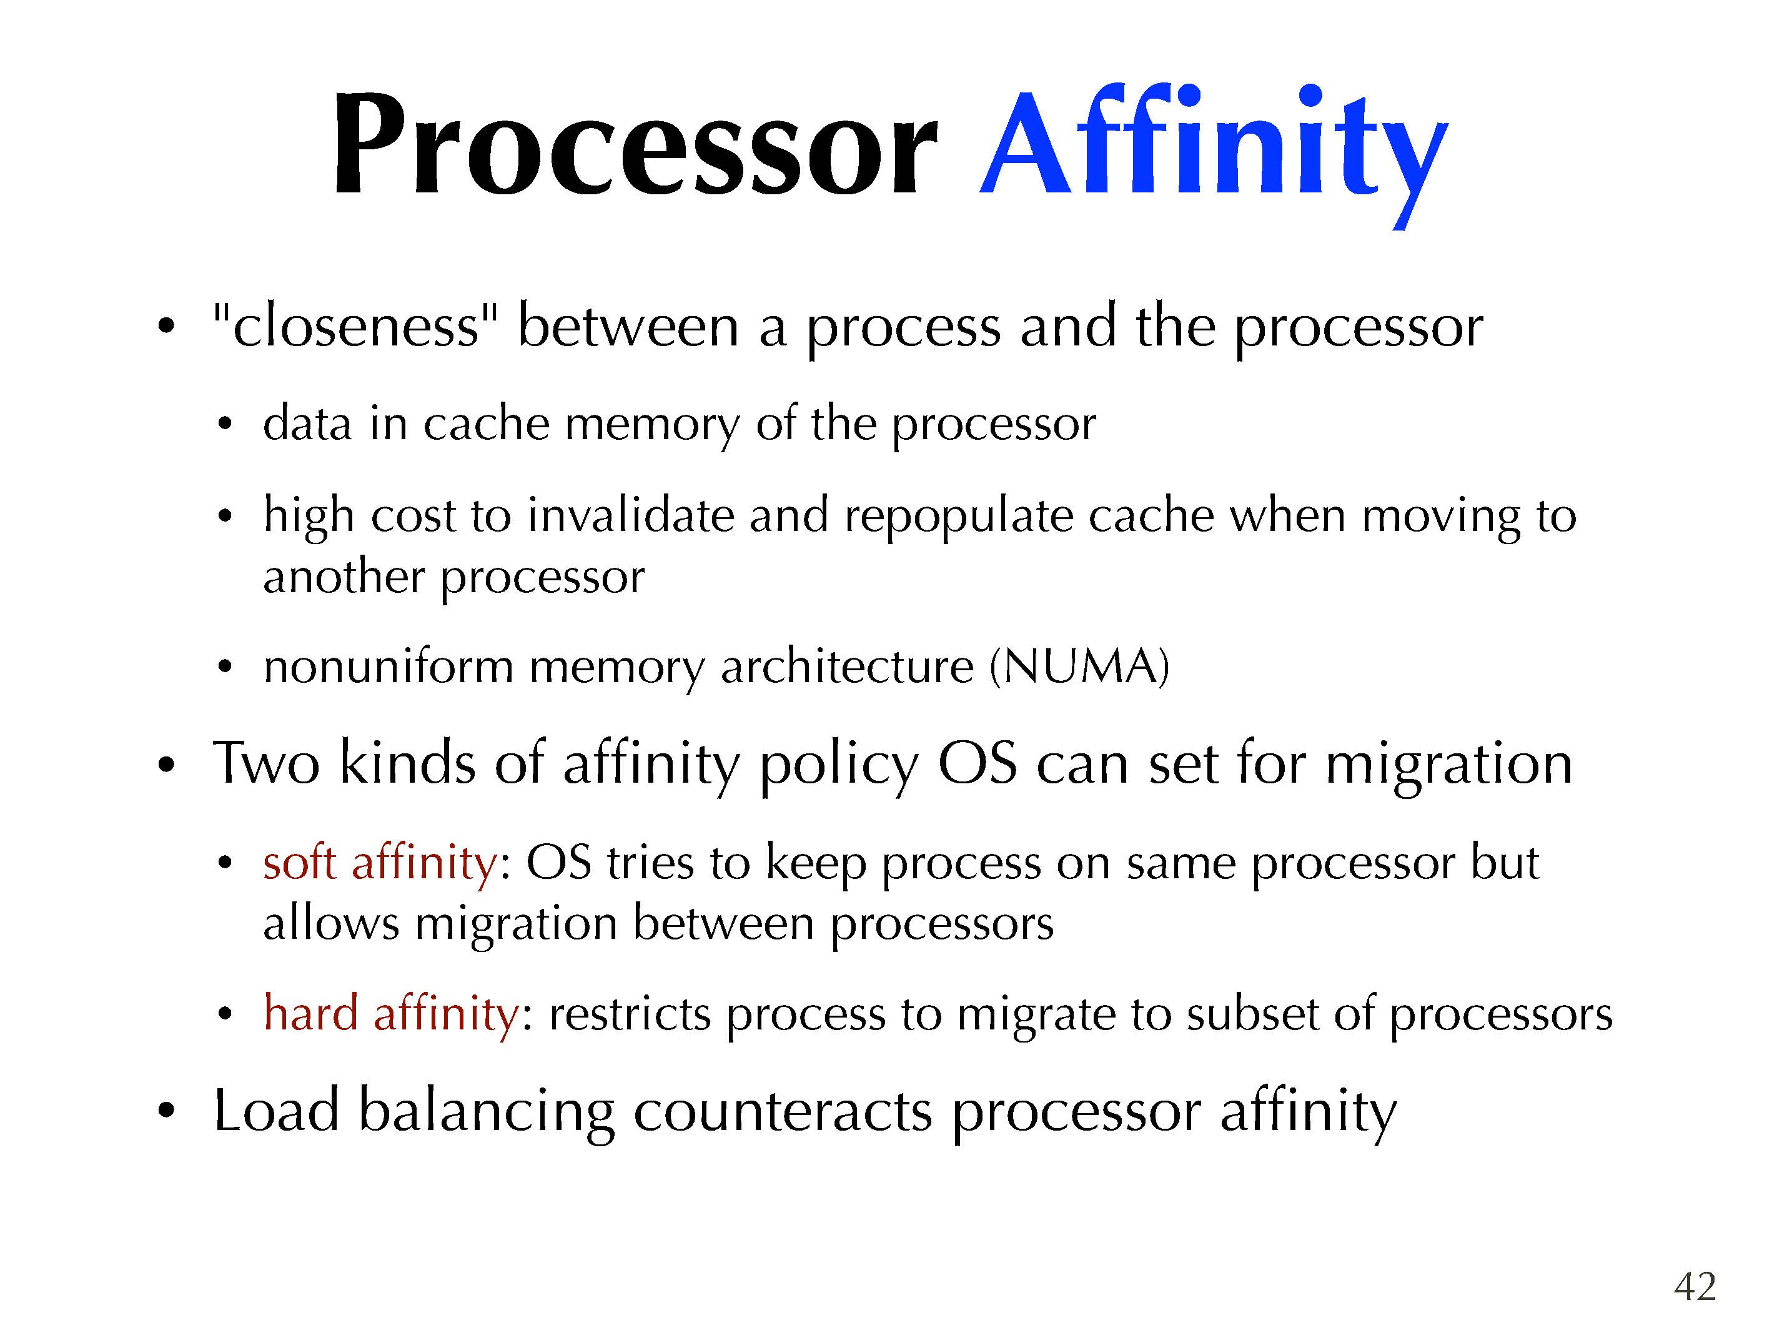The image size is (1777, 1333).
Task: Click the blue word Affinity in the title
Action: (x=1213, y=152)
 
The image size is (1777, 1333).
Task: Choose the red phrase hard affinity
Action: (x=391, y=1013)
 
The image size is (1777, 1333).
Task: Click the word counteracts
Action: (x=783, y=1111)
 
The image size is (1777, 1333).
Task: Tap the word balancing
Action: (x=487, y=1113)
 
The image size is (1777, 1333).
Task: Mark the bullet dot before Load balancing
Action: (x=166, y=1111)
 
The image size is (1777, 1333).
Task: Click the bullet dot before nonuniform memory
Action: (x=225, y=667)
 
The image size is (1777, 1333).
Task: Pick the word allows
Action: (x=331, y=923)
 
